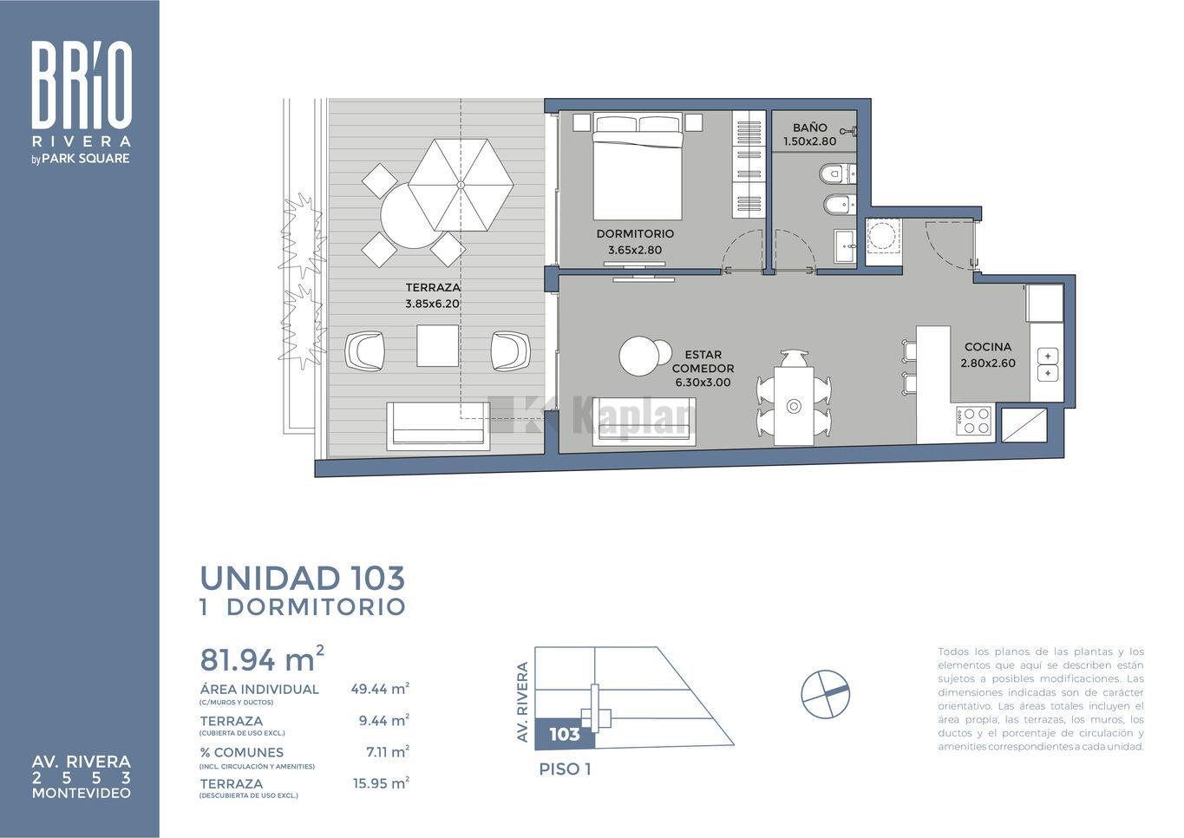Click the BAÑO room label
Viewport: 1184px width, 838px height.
click(810, 128)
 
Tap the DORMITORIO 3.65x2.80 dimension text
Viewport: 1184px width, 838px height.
click(635, 250)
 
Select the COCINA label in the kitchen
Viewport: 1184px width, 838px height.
click(988, 347)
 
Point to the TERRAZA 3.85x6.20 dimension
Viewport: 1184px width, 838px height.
click(432, 304)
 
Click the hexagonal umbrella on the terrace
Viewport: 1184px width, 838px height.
click(461, 185)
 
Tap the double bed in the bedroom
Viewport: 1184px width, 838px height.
click(637, 166)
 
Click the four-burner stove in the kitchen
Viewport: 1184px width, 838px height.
click(974, 421)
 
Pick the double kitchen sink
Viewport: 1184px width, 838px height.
click(1048, 364)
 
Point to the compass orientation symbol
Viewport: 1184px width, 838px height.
click(825, 694)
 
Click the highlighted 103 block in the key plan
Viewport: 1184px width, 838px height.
click(565, 734)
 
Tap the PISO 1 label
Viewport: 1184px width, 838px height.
click(565, 769)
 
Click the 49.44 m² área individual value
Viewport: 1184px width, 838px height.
click(380, 689)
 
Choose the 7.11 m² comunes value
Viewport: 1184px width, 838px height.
click(388, 751)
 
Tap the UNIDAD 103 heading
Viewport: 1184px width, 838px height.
click(303, 578)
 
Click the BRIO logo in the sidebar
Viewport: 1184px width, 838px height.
click(82, 85)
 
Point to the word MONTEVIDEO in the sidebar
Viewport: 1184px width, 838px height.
click(82, 793)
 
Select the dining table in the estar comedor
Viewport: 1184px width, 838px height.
click(794, 405)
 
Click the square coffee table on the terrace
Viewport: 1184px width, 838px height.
click(437, 346)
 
